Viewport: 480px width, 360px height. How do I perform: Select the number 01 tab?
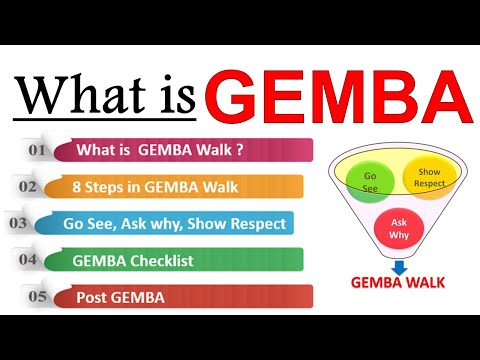pyautogui.click(x=38, y=150)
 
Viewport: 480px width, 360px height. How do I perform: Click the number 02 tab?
pyautogui.click(x=29, y=185)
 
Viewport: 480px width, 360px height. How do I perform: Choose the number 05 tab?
pyautogui.click(x=36, y=296)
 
